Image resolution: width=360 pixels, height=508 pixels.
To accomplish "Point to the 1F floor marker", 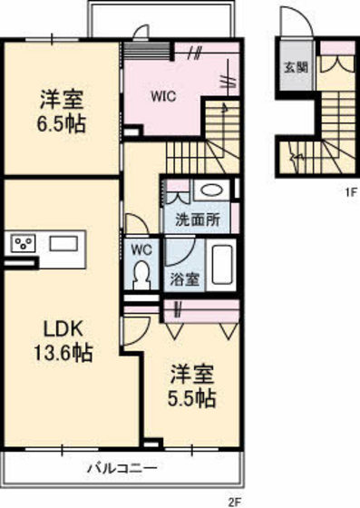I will point(347,191).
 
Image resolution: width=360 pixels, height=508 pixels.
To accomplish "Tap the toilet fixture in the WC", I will point(141,274).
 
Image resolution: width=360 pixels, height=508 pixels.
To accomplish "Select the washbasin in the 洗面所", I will point(211,191).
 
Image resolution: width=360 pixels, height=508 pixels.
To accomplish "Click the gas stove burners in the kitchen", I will point(22,244).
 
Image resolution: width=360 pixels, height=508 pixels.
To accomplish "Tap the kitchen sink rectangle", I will point(63,243).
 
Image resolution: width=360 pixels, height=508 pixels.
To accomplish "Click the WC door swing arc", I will point(132,224).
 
